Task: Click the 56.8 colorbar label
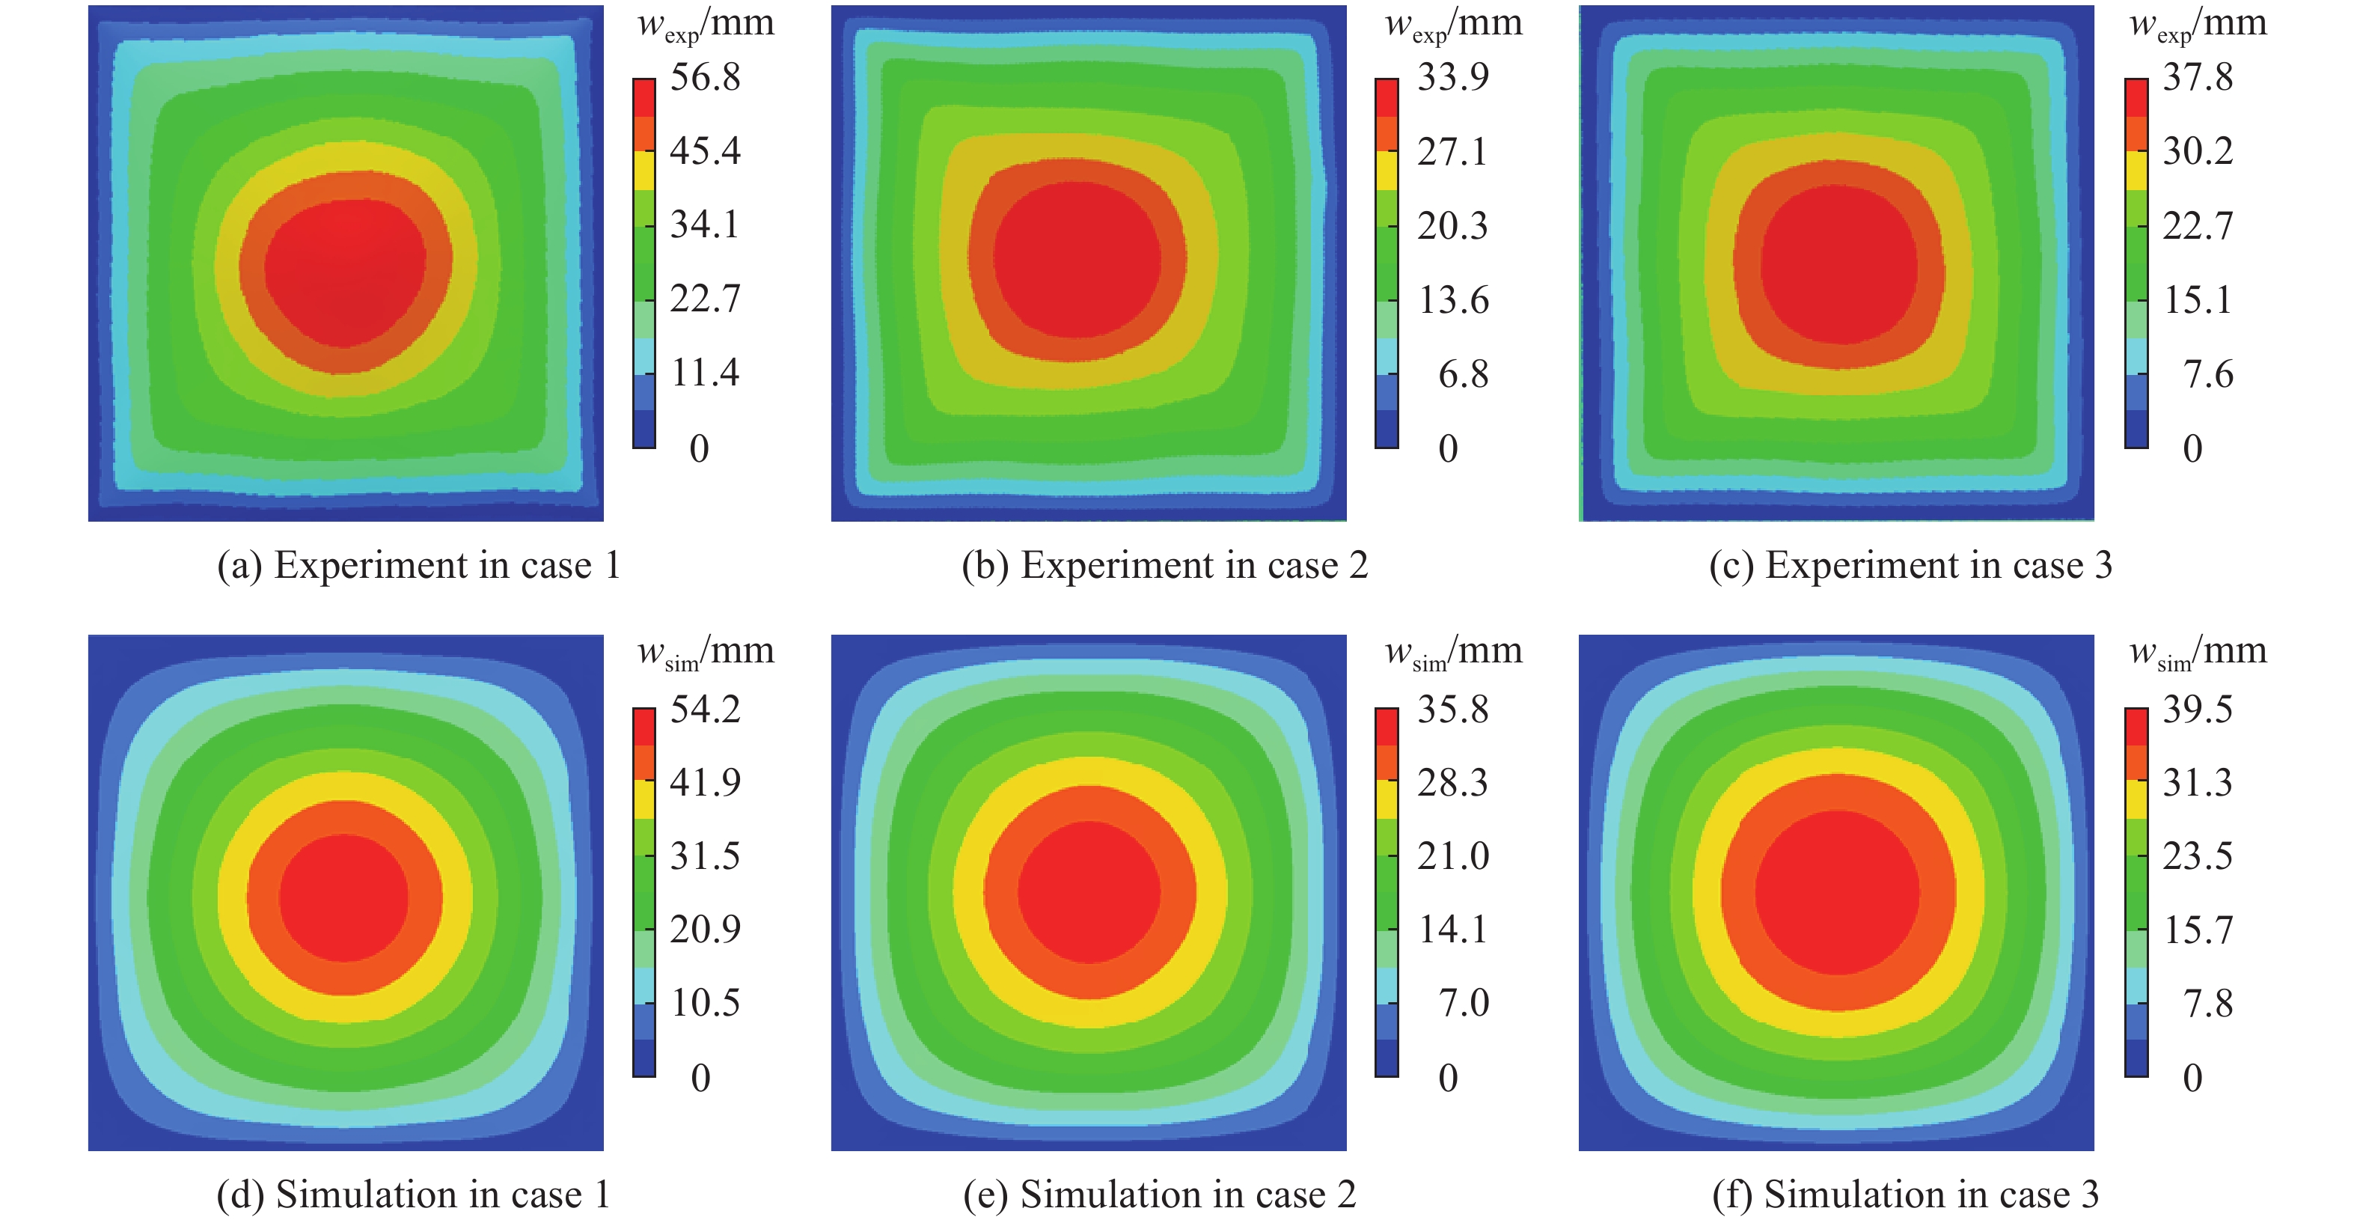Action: [705, 77]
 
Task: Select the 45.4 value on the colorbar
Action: [705, 151]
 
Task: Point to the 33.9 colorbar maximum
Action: [1453, 77]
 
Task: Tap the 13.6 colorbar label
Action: [1453, 300]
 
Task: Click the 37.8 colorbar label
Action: [2198, 77]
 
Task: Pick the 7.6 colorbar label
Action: [2208, 374]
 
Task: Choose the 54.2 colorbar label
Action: [705, 710]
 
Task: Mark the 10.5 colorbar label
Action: [705, 1003]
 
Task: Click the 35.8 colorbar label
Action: [1453, 710]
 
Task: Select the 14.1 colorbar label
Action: [1453, 930]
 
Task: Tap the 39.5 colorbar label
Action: [2198, 710]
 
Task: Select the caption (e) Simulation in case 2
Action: [1159, 1195]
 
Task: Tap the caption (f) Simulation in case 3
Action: [1905, 1195]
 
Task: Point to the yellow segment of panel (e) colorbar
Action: [1387, 800]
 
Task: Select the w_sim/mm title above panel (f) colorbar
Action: [2198, 653]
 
